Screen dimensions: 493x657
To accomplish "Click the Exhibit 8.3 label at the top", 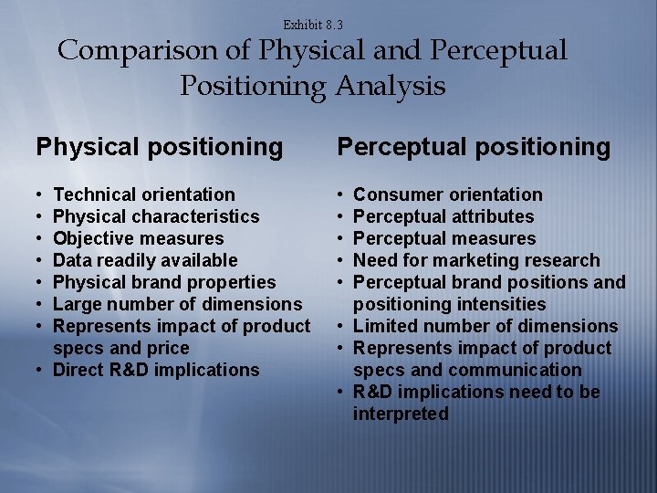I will pos(313,25).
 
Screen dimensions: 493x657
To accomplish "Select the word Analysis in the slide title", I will pos(390,86).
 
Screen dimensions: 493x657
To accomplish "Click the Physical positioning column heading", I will pos(160,147).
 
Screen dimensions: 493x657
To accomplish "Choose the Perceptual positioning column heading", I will pos(474,147).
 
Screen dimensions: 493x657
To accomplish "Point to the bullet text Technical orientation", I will pos(144,194).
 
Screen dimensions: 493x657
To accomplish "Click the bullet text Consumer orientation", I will pos(447,194).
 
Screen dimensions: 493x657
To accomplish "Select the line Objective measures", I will pos(138,238).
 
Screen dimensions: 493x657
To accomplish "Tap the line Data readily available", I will pos(145,260).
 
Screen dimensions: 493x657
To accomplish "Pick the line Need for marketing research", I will pos(476,260).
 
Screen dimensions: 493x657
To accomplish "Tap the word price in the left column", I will pos(168,348).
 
